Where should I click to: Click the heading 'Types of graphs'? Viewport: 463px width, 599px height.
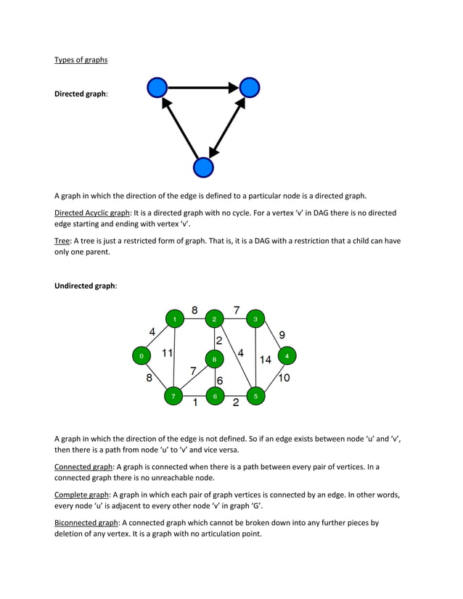(x=81, y=59)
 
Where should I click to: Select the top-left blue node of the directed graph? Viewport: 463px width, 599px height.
(x=157, y=88)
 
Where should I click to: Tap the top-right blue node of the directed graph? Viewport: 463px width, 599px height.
(x=250, y=88)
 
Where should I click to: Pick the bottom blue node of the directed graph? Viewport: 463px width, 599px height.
(x=203, y=168)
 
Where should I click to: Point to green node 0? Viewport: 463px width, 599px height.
(x=141, y=356)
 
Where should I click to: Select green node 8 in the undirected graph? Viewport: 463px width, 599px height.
(x=215, y=358)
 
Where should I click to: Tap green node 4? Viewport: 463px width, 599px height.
(x=287, y=356)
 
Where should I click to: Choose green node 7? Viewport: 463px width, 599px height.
(x=173, y=396)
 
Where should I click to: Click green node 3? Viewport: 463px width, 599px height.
(x=255, y=318)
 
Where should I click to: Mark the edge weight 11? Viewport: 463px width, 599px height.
(x=167, y=353)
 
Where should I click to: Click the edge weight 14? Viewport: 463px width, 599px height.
(x=266, y=359)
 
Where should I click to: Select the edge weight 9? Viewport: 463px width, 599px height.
(x=282, y=334)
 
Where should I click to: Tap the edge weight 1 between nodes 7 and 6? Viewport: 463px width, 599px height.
(x=194, y=403)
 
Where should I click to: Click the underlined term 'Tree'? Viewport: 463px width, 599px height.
(x=63, y=241)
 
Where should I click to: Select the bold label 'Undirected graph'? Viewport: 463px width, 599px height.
(x=84, y=286)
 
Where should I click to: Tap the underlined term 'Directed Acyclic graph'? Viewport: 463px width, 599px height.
(x=92, y=213)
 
